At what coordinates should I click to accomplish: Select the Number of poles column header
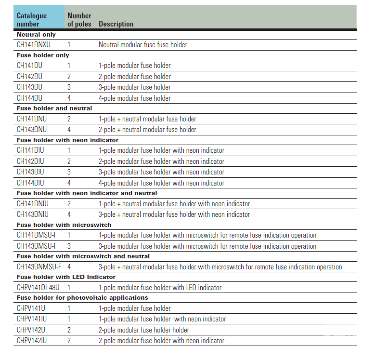click(x=79, y=20)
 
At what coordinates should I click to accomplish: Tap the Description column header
click(x=116, y=24)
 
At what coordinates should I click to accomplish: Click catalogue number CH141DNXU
click(x=34, y=45)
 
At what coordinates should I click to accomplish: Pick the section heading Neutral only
click(x=36, y=35)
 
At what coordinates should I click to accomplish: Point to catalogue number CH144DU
click(x=29, y=98)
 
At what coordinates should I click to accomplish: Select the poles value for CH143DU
click(x=69, y=87)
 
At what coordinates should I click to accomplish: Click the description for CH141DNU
click(x=147, y=119)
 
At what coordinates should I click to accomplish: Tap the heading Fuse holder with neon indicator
click(x=67, y=140)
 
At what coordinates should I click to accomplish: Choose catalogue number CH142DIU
click(x=30, y=161)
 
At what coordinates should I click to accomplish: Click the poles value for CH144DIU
click(x=69, y=183)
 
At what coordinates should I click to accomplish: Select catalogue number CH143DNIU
click(x=32, y=214)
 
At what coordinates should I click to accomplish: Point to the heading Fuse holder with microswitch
click(x=64, y=225)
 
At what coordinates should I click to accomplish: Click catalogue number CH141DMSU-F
click(x=37, y=235)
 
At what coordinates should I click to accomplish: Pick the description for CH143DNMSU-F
click(x=220, y=267)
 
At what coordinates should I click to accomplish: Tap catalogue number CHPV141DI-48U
click(x=39, y=288)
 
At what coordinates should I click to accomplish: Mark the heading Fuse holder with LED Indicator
click(x=66, y=277)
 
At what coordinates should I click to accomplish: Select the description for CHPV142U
click(x=144, y=330)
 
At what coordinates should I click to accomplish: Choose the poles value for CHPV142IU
click(x=69, y=341)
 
